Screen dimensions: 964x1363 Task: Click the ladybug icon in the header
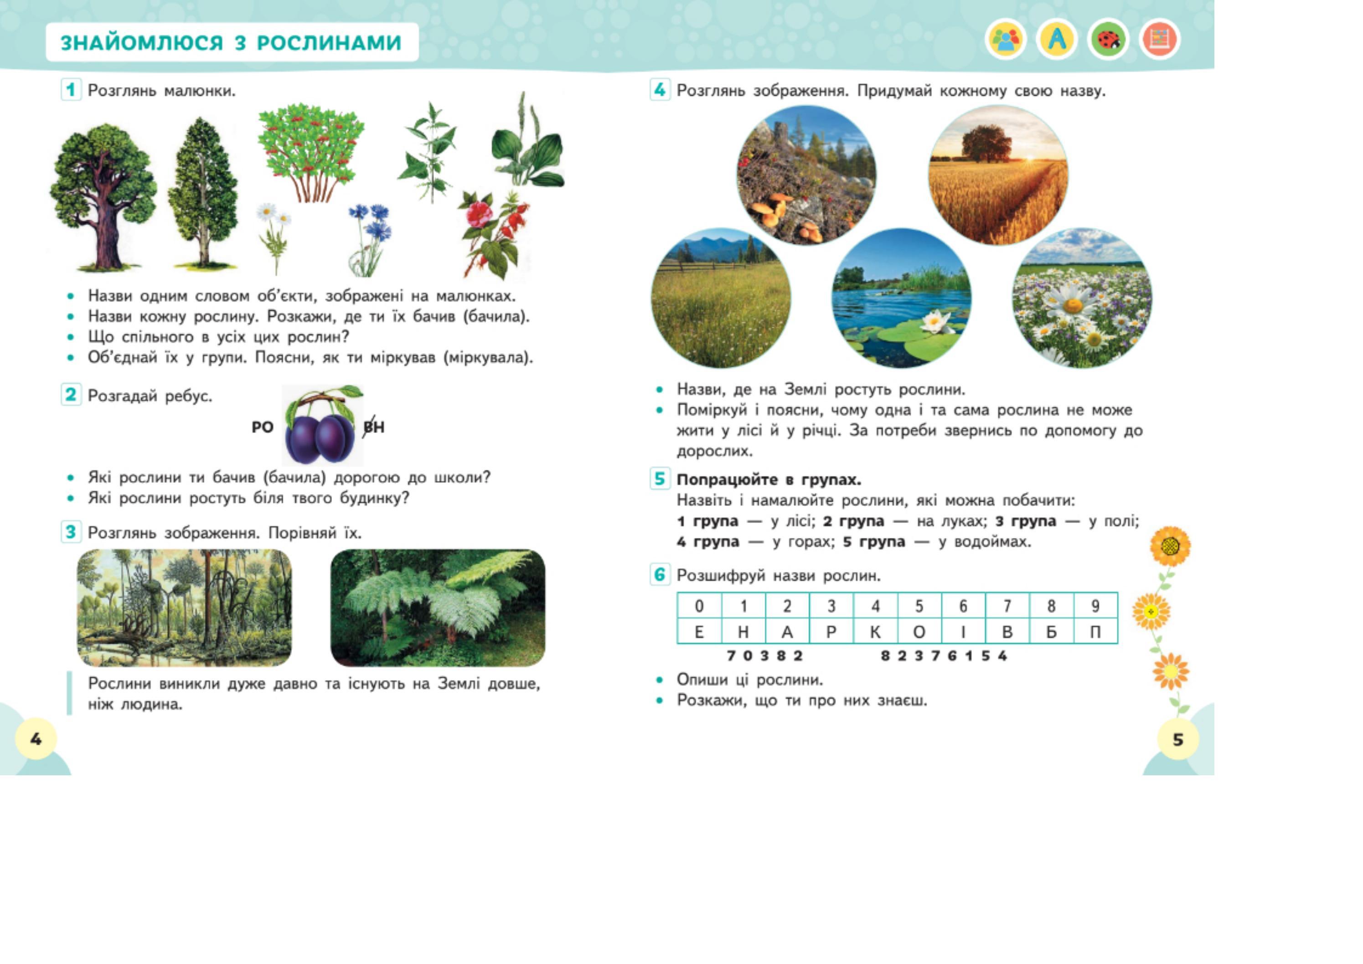point(1108,40)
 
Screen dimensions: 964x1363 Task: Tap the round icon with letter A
point(1057,40)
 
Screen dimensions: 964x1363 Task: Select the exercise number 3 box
point(71,532)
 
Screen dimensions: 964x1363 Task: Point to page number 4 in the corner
point(36,738)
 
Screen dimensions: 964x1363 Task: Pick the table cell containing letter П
point(1095,632)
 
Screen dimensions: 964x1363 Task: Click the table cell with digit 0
point(699,606)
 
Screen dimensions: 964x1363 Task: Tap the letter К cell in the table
point(875,632)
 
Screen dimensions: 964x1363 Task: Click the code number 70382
point(764,656)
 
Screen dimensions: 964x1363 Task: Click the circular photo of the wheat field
point(998,175)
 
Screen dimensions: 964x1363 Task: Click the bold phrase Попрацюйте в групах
point(769,479)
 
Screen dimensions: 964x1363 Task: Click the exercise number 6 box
point(660,575)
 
